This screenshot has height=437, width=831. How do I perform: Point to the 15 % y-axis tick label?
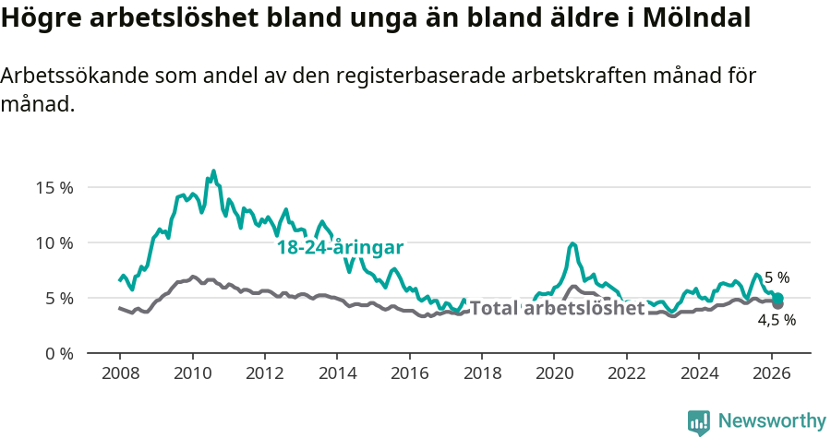pyautogui.click(x=54, y=187)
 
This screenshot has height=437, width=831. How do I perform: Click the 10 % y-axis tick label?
pyautogui.click(x=54, y=242)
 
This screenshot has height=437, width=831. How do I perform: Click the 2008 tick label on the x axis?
pyautogui.click(x=120, y=374)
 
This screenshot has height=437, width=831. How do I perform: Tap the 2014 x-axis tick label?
pyautogui.click(x=337, y=374)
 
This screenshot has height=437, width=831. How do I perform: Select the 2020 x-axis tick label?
pyautogui.click(x=554, y=374)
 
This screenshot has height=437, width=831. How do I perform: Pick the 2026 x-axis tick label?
pyautogui.click(x=771, y=374)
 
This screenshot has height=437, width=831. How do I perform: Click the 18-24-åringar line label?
pyautogui.click(x=340, y=248)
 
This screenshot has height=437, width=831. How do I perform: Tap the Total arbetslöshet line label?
pyautogui.click(x=557, y=308)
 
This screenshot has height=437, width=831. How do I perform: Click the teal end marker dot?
pyautogui.click(x=778, y=298)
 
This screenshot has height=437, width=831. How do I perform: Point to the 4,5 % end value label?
pyautogui.click(x=777, y=321)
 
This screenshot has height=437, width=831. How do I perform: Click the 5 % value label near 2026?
pyautogui.click(x=777, y=277)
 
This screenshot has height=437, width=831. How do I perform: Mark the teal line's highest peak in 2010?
pyautogui.click(x=213, y=171)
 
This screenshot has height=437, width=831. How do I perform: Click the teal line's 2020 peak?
pyautogui.click(x=572, y=243)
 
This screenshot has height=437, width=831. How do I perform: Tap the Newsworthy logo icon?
pyautogui.click(x=699, y=422)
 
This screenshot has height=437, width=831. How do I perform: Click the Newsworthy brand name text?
pyautogui.click(x=772, y=421)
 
